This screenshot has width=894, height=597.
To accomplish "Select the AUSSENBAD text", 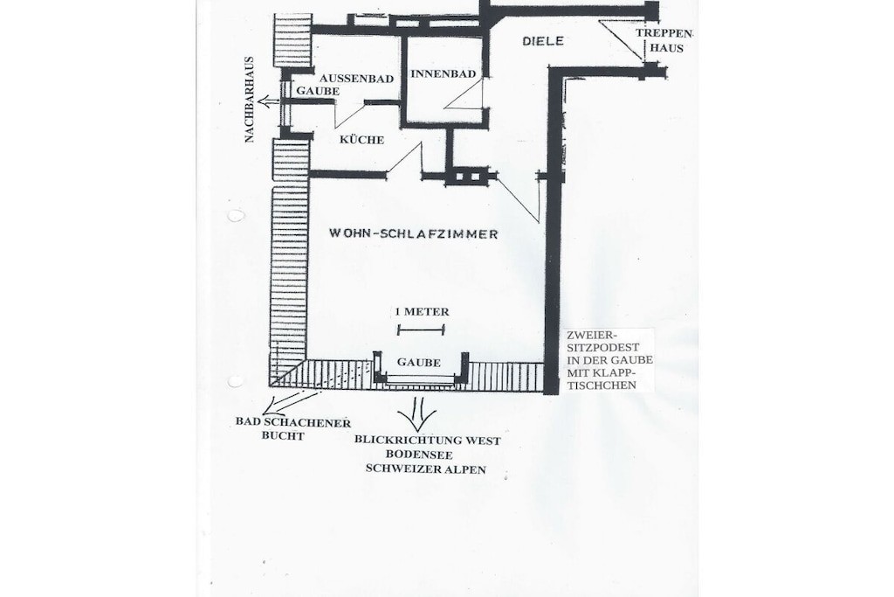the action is pos(356,79).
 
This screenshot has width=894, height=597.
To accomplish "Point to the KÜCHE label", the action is pos(362,140).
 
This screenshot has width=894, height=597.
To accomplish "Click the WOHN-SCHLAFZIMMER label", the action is pos(413,233).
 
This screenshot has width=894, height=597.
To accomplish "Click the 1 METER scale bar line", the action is pos(421,330).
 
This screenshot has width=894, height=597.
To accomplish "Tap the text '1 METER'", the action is pos(422,312).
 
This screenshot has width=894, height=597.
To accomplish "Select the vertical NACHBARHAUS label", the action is pos(249,100).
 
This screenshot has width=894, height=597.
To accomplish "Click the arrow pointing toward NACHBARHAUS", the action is pos(268,101).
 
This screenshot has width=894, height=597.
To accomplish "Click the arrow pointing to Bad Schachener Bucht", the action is pos(291,402).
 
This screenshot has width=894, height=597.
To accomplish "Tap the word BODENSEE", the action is pos(419,455).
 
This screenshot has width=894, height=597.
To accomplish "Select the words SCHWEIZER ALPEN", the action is pos(426,469).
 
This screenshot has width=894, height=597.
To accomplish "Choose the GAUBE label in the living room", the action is pos(419,363).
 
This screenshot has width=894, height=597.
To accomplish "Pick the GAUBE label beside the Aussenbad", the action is pos(318,91).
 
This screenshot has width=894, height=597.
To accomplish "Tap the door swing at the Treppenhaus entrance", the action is pos(622,41).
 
